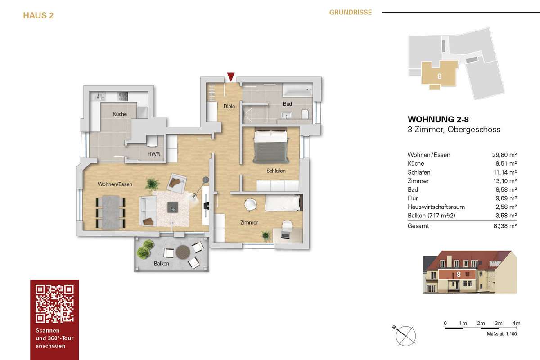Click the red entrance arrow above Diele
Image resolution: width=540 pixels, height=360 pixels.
tap(231, 76)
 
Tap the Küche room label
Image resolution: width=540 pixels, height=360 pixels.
tap(120, 114)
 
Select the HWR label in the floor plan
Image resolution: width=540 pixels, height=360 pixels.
tap(153, 154)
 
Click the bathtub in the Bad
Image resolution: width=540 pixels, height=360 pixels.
tap(297, 90)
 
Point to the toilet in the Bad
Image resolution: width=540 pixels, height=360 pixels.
tap(305, 114)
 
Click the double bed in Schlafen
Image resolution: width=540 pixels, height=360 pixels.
tap(271, 146)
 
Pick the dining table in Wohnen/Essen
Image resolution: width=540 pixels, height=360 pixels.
tap(111, 212)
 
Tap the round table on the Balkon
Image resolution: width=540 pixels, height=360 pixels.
tap(183, 252)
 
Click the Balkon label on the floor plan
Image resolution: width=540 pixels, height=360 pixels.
tap(161, 263)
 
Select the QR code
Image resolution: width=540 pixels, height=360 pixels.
tap(54, 304)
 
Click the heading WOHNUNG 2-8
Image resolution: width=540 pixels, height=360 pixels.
tap(438, 119)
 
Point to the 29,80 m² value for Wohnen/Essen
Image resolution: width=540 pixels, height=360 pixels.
tap(504, 155)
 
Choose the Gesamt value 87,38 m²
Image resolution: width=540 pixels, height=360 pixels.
tap(505, 226)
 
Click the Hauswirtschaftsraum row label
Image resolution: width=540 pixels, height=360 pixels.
tap(436, 207)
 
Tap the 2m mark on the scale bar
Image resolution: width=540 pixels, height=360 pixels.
tap(481, 323)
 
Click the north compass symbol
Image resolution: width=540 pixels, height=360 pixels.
tap(405, 336)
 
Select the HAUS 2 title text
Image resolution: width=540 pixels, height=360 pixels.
tap(38, 15)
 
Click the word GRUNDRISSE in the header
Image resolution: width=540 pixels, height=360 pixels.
tap(351, 12)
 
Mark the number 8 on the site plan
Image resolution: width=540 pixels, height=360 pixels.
tap(440, 76)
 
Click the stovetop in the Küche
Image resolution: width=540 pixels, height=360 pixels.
tap(123, 97)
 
